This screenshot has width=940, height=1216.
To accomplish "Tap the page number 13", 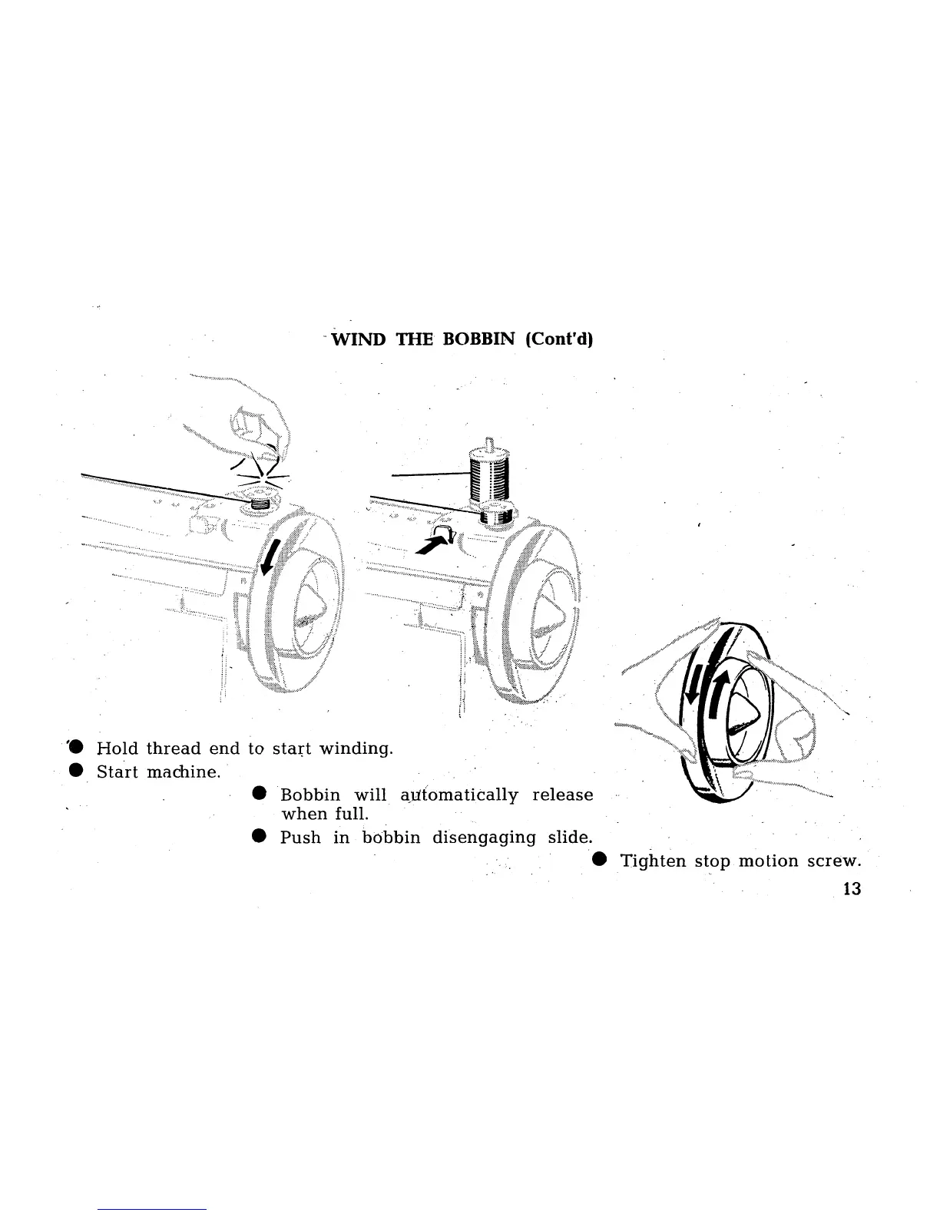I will click(852, 889).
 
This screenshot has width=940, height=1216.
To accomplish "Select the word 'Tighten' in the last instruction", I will click(653, 861).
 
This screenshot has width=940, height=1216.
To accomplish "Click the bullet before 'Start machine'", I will click(75, 771).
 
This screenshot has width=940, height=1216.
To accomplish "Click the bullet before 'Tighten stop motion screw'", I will click(599, 860).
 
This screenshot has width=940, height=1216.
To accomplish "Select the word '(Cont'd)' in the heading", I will click(560, 340).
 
